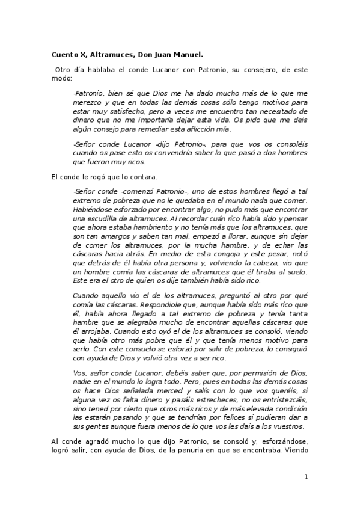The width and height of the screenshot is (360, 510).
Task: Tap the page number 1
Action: coord(306,477)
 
